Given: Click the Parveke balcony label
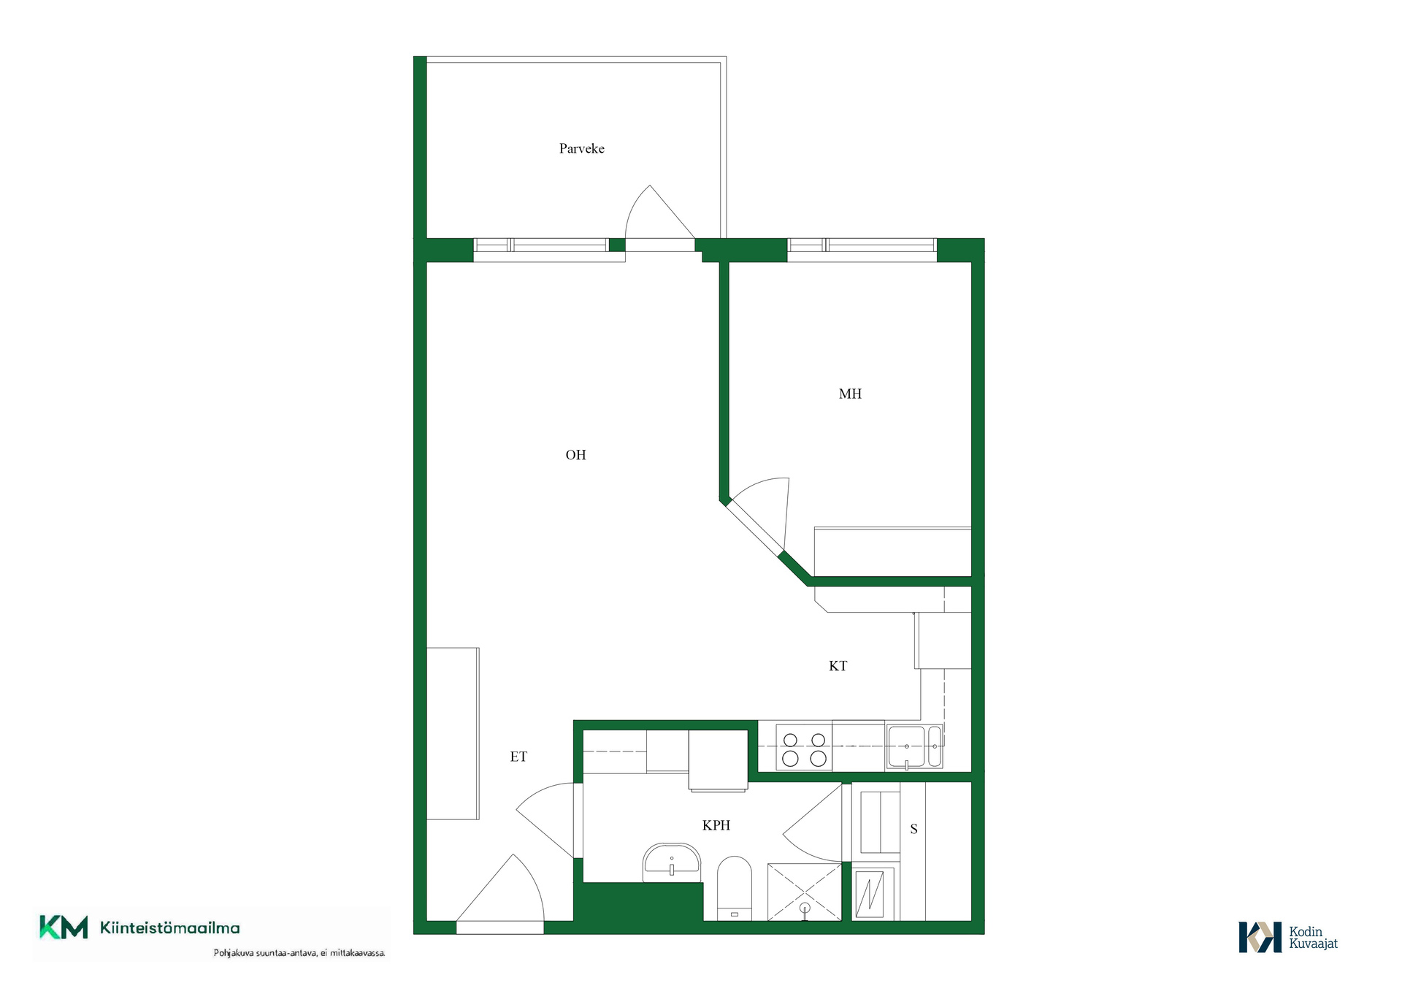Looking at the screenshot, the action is click(x=581, y=149).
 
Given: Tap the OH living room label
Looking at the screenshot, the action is click(x=575, y=455).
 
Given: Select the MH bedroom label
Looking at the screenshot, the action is click(x=850, y=394).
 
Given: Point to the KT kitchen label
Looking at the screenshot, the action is click(x=838, y=666).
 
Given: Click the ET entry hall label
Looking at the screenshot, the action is click(x=518, y=757).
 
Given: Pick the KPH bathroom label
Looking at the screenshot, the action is click(x=716, y=825).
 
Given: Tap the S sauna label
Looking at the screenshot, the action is click(x=913, y=829).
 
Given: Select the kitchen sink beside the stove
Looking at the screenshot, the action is click(x=915, y=747).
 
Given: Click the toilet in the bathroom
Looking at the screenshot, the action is click(x=735, y=888).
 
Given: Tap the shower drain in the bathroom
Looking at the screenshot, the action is click(x=805, y=908).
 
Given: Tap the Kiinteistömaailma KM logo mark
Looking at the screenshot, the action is click(x=64, y=927).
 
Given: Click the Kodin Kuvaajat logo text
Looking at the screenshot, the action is click(x=1313, y=938).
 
